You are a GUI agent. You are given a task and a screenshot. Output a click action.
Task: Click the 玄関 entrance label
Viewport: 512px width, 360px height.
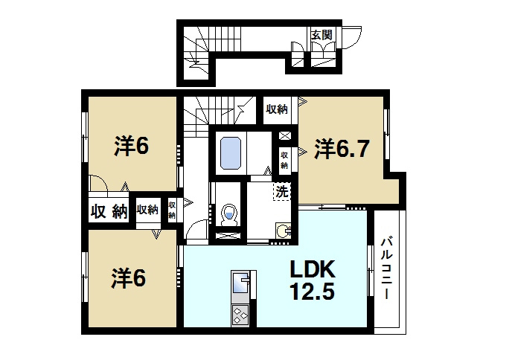coord(321,35)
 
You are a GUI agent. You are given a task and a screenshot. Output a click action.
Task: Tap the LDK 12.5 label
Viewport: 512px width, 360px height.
coord(313,280)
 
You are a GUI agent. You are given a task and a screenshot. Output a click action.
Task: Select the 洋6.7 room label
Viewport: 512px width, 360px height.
coord(342,149)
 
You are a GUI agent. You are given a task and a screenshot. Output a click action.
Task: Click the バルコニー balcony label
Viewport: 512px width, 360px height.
coord(386,269)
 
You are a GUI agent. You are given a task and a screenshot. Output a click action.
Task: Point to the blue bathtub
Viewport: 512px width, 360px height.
coord(231,152)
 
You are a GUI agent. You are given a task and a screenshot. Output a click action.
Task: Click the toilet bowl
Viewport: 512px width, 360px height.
coord(228,215)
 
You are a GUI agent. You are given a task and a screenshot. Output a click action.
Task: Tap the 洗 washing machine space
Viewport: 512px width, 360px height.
coord(281,192)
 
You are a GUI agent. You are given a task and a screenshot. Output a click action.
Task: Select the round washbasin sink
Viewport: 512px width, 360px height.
coord(283,231)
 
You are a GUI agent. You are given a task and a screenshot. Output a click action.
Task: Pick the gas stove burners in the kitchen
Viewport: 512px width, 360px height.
coord(240,315)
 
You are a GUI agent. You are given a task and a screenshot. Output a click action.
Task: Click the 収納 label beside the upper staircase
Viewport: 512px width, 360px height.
coord(278,109)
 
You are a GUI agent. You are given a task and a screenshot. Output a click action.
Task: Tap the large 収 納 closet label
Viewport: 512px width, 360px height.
coord(109,211)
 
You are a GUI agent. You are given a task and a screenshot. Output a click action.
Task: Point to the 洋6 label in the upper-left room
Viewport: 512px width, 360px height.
coord(131,146)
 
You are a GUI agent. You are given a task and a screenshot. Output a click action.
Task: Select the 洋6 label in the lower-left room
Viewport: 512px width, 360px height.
coord(128,278)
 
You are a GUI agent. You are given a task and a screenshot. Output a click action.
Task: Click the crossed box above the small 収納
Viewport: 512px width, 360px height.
coord(285,135)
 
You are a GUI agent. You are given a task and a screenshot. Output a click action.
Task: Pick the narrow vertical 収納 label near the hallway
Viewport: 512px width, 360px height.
coord(172,210)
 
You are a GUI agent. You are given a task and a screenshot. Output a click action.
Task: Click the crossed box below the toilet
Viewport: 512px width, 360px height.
coord(228,236)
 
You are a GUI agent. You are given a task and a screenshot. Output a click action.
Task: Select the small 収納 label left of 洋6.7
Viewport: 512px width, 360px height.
coord(284,161)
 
